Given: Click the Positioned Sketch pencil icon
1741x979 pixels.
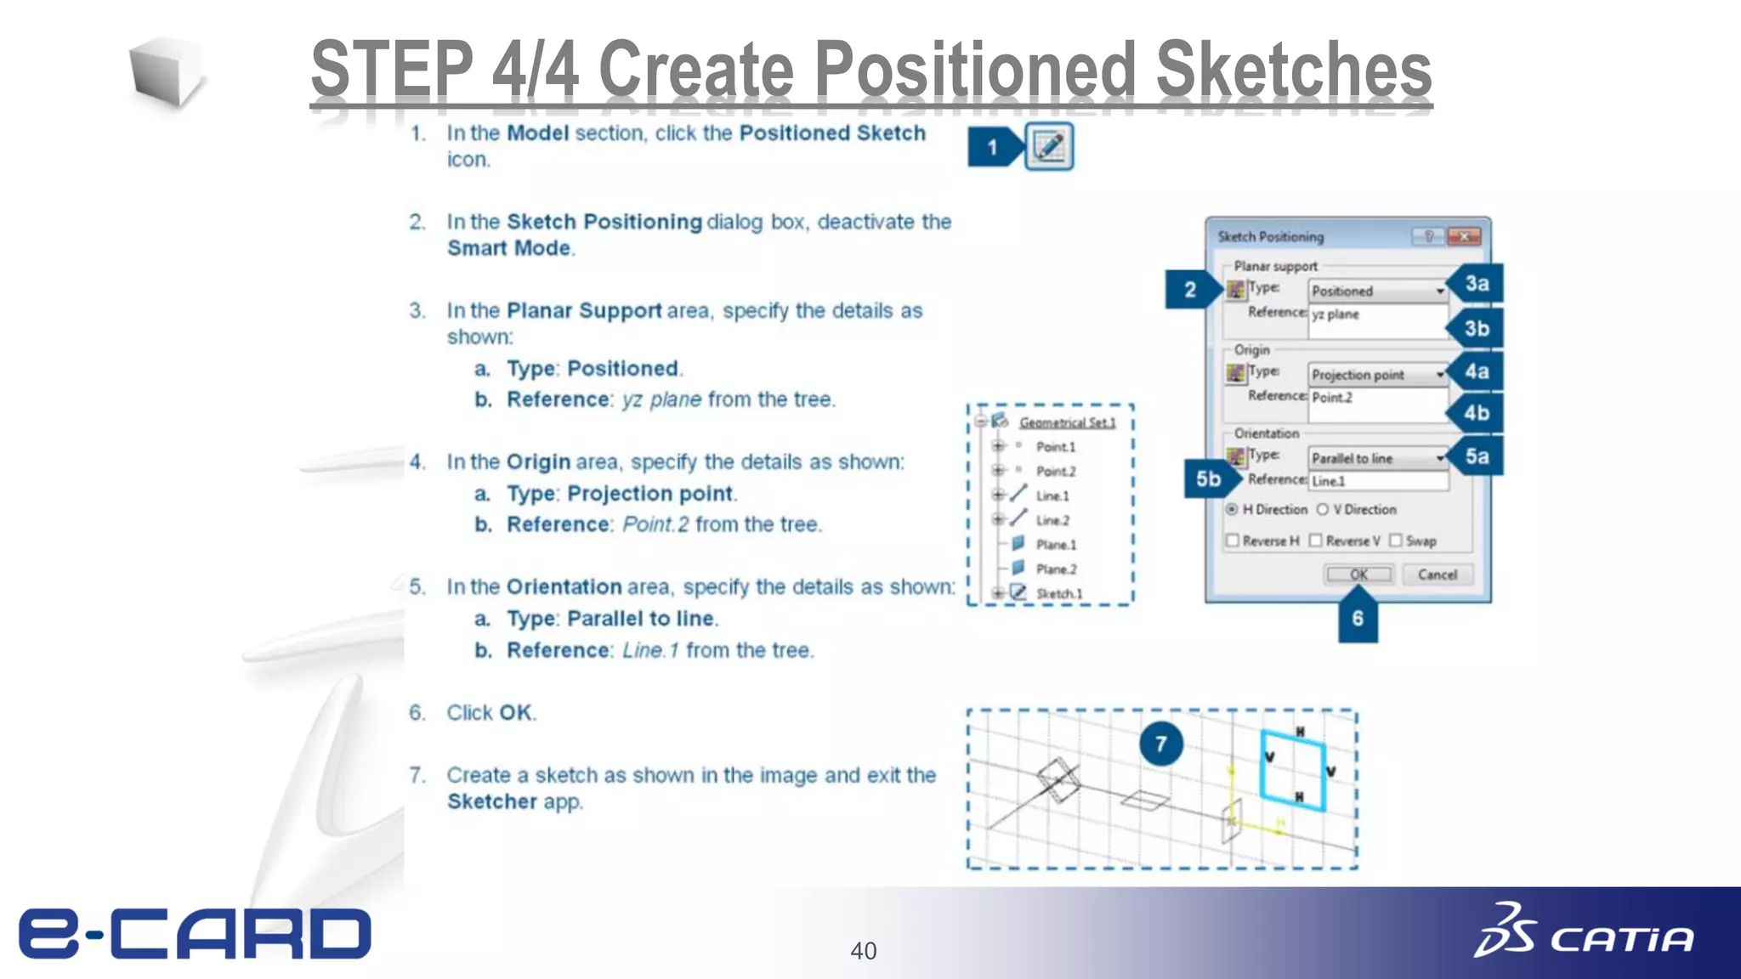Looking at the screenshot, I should [x=1049, y=146].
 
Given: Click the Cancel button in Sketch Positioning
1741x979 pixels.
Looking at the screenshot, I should [x=1437, y=575].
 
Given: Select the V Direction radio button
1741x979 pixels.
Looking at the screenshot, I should [x=1323, y=510].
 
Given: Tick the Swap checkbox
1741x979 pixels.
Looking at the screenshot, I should [x=1396, y=541].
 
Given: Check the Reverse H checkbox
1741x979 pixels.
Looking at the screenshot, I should [x=1233, y=541].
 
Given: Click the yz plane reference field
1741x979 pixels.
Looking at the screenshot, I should [x=1377, y=321].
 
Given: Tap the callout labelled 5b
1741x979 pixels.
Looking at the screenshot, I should [x=1209, y=479].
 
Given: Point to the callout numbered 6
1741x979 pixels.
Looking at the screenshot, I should [x=1358, y=619].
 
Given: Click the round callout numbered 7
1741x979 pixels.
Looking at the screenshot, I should [x=1160, y=744].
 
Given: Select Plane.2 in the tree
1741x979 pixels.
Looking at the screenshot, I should [x=1056, y=569].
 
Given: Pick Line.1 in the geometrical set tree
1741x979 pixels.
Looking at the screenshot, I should [x=1052, y=496].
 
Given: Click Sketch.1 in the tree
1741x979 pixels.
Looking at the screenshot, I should [x=1059, y=594].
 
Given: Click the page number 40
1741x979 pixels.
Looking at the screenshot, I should [x=864, y=951].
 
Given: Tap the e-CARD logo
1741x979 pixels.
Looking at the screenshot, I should [x=196, y=933].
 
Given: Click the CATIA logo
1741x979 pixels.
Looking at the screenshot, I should [x=1585, y=933].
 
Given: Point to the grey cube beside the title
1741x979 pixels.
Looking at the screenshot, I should [x=167, y=73].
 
